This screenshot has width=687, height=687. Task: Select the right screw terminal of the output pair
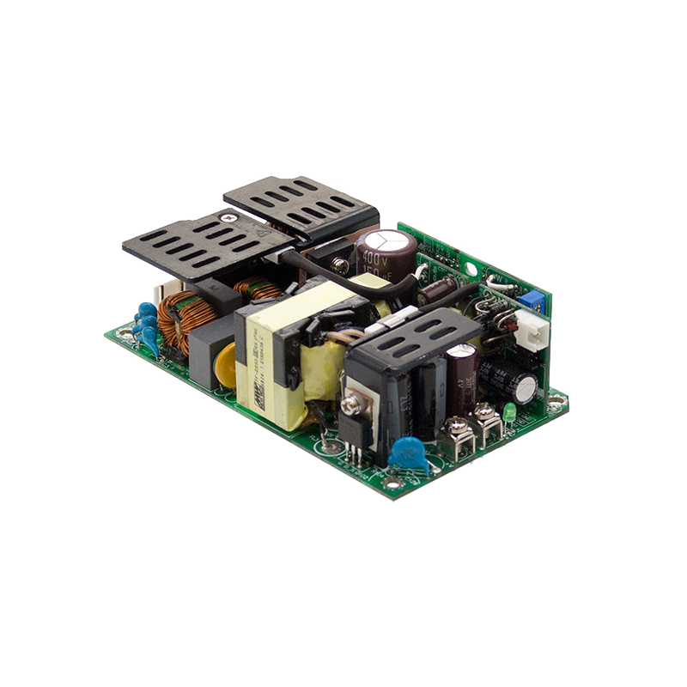484,412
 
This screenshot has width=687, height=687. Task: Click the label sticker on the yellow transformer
257,361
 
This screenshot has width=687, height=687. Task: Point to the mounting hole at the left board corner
120,331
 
